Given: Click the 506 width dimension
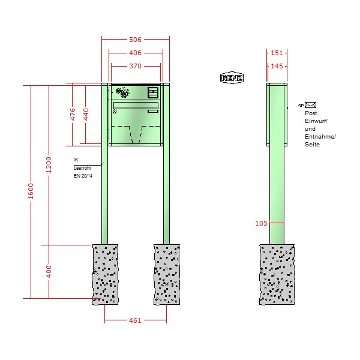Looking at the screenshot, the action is pos(135,40).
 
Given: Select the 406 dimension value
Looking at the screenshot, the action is pos(135,53).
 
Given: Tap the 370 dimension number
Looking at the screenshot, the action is pos(135,66).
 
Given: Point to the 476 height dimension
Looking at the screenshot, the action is pos(73,114).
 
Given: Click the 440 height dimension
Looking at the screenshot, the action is pos(86,114).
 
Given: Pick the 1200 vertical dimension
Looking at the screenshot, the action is pos(49,165).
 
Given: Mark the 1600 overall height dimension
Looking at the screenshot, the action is pos(31,191).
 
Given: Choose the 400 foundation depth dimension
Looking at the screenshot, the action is pos(49,271).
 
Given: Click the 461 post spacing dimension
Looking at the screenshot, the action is pos(135,320).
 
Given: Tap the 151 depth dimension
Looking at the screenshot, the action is pos(277,53).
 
